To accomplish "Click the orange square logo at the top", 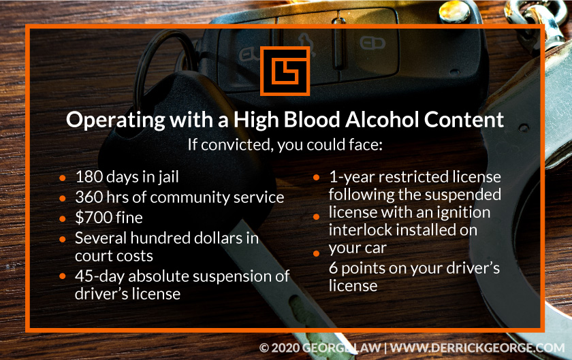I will [x=285, y=70].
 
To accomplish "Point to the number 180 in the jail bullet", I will [x=89, y=178].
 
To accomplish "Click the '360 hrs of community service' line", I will [x=179, y=197].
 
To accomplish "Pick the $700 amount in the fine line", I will [x=91, y=218].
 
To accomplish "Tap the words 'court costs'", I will [x=114, y=256].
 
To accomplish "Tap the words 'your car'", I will [x=357, y=248].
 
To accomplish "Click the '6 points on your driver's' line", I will [x=414, y=268].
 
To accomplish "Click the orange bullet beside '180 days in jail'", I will [x=63, y=179].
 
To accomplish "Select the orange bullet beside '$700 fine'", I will [x=63, y=218].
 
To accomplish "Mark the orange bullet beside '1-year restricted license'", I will [x=317, y=178].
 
